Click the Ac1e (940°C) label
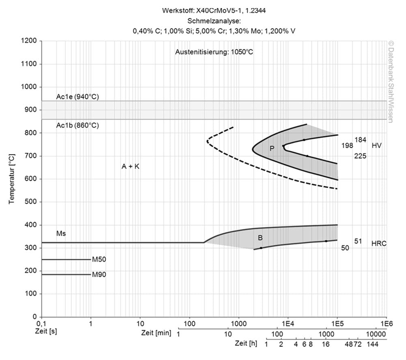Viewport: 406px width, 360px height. pos(77,97)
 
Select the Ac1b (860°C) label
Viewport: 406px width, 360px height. pos(77,125)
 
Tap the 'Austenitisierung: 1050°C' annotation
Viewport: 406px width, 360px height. pos(214,52)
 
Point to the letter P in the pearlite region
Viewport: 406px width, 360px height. pos(272,149)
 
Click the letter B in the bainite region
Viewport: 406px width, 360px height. pos(260,237)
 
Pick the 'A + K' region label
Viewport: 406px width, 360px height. pos(130,166)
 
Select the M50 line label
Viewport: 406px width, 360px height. pos(99,259)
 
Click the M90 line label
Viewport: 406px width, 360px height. pos(99,274)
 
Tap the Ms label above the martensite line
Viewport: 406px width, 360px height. pos(61,234)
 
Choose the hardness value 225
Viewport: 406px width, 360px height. pos(360,155)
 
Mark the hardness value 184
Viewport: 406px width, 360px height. pos(361,140)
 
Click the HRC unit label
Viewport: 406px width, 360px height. pos(379,244)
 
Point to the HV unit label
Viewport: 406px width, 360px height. pos(377,145)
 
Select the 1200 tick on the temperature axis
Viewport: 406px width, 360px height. pos(30,41)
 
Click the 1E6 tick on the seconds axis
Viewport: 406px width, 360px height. pos(386,324)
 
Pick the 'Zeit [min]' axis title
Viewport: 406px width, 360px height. pos(156,333)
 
